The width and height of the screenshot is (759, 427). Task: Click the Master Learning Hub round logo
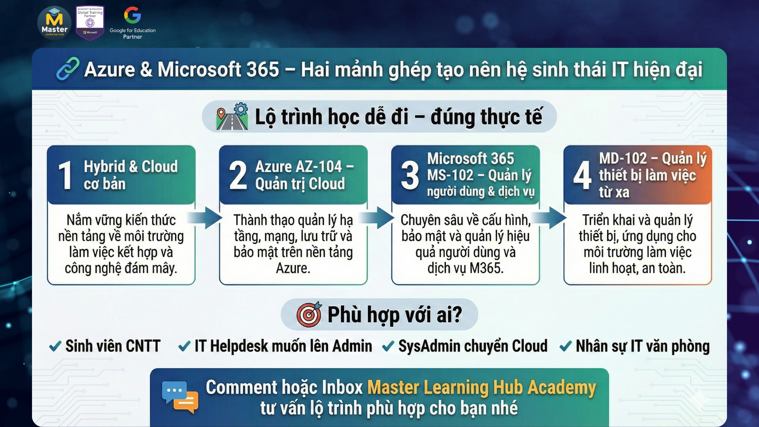click(x=55, y=23)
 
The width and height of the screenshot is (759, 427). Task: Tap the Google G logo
click(x=132, y=15)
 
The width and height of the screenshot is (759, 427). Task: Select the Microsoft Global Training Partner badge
click(x=90, y=23)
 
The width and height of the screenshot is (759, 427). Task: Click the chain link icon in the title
click(x=68, y=69)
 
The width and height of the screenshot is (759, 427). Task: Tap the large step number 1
click(x=65, y=175)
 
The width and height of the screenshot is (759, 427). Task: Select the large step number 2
click(x=238, y=175)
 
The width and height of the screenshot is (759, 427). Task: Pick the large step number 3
click(x=410, y=175)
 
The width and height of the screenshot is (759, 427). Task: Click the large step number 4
click(x=582, y=175)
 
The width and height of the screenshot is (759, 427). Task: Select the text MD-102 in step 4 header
click(x=623, y=158)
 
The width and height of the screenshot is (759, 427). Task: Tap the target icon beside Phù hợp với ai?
click(x=309, y=314)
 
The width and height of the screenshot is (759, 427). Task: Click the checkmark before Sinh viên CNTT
click(x=55, y=346)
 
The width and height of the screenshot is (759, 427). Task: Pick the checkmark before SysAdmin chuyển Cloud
click(x=388, y=346)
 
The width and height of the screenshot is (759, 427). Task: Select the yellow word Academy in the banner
click(x=562, y=387)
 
